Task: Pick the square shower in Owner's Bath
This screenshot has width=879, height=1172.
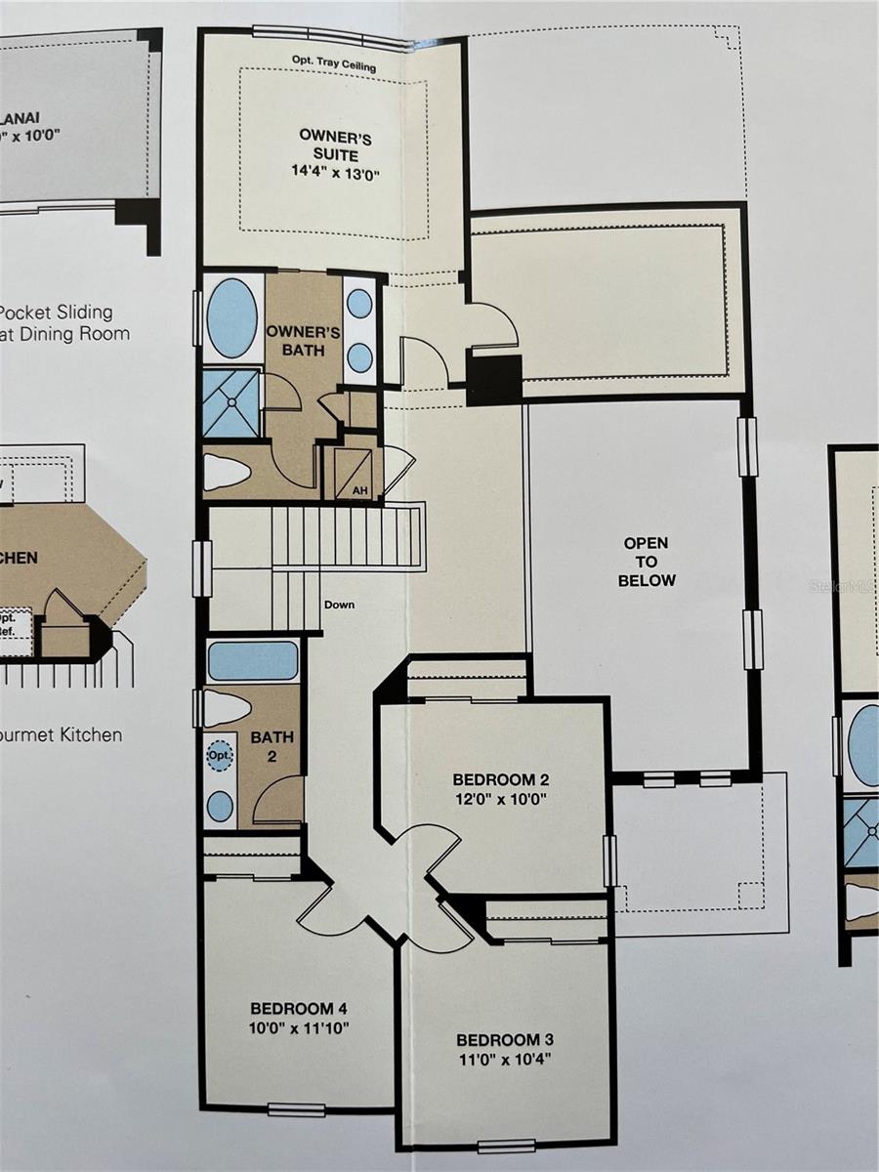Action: [231, 401]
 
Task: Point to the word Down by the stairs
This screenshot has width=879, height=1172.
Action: [340, 605]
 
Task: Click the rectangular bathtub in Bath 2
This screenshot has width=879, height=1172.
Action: [252, 660]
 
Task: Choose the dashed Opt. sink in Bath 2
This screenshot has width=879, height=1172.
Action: [221, 756]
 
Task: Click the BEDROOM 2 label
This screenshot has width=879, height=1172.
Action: [500, 779]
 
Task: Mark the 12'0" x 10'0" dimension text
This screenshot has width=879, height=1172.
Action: [500, 798]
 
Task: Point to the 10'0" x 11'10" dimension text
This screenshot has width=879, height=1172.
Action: [299, 1027]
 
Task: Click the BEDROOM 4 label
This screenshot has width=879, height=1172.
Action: [299, 1008]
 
